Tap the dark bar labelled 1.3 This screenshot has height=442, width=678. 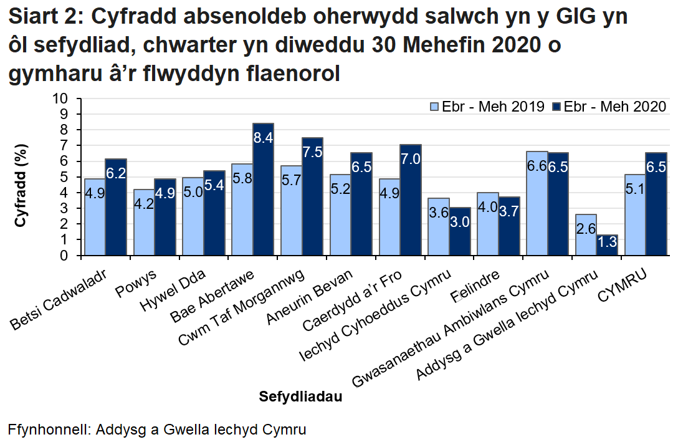tap(607, 244)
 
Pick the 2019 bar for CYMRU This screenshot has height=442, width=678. tap(635, 214)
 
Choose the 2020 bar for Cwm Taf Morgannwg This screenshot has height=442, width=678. tap(312, 196)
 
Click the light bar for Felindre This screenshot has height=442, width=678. tap(488, 223)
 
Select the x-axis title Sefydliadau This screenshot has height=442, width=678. tap(300, 396)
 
